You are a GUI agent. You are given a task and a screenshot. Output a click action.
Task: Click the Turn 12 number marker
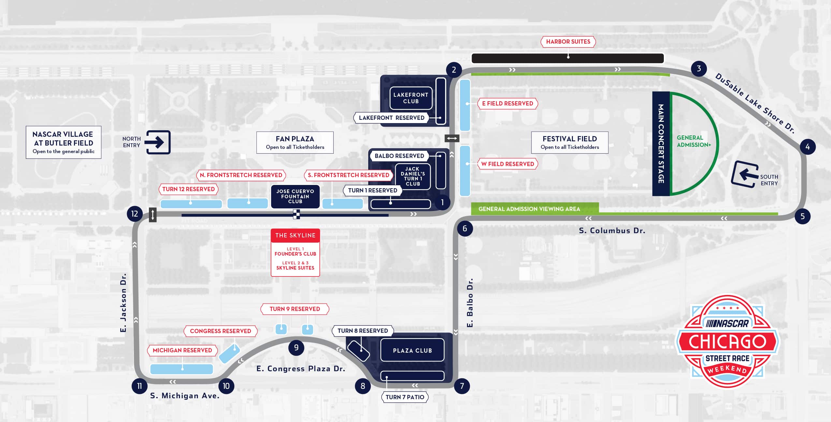pyautogui.click(x=135, y=214)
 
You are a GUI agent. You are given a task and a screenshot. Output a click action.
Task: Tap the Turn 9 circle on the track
pyautogui.click(x=296, y=347)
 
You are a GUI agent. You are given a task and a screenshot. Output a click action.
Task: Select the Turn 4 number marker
pyautogui.click(x=807, y=147)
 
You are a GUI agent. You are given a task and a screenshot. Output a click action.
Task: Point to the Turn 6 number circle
pyautogui.click(x=465, y=229)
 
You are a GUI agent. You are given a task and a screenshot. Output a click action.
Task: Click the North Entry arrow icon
pyautogui.click(x=158, y=142)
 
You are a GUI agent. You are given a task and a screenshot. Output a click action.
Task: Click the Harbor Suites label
pyautogui.click(x=568, y=42)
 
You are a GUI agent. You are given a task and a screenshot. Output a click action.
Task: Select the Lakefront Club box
pyautogui.click(x=411, y=98)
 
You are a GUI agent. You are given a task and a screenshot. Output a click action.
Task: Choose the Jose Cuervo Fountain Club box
pyautogui.click(x=295, y=196)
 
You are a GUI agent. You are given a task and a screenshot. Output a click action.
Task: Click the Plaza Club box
pyautogui.click(x=412, y=350)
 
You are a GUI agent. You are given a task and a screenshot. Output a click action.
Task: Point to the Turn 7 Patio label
pyautogui.click(x=405, y=397)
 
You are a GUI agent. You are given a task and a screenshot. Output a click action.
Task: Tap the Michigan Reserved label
pyautogui.click(x=182, y=350)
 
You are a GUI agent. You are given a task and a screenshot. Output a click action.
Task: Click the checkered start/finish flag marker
pyautogui.click(x=296, y=214)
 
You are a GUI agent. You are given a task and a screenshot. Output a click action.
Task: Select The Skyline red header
pyautogui.click(x=295, y=235)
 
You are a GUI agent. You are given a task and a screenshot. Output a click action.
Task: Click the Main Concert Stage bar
pyautogui.click(x=661, y=144)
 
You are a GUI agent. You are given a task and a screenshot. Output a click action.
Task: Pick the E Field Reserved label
pyautogui.click(x=507, y=104)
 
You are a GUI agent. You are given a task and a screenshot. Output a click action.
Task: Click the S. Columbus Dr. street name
pyautogui.click(x=612, y=231)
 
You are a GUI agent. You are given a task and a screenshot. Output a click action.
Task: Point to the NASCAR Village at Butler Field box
pyautogui.click(x=64, y=142)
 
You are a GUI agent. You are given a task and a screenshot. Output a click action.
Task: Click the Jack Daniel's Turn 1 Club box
pyautogui.click(x=413, y=176)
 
